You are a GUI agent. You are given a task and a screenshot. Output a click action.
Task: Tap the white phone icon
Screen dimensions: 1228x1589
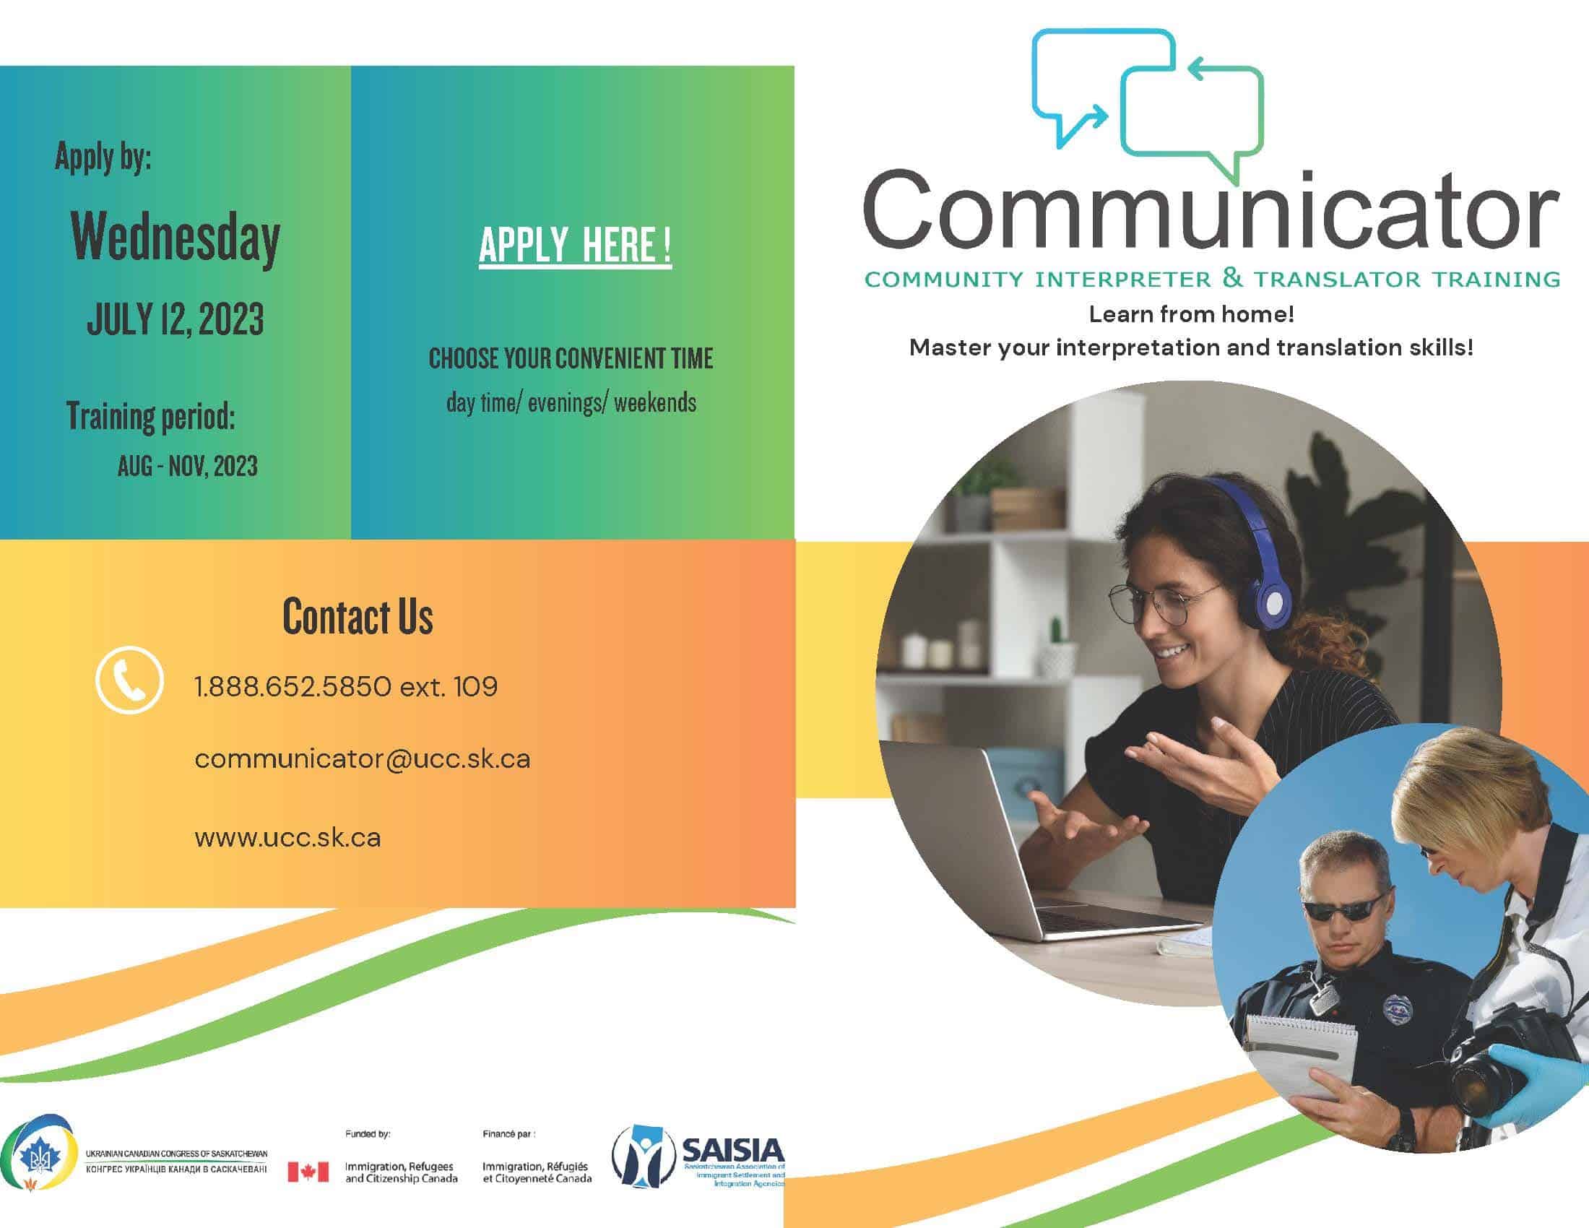129,680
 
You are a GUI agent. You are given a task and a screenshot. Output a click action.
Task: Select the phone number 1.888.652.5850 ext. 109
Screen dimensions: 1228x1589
345,686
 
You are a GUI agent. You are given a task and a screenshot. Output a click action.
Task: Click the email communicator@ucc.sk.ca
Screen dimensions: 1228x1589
363,759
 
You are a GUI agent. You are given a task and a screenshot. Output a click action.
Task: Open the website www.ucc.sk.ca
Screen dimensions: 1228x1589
287,837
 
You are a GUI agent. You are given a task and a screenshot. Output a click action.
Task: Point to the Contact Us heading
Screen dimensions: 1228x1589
358,616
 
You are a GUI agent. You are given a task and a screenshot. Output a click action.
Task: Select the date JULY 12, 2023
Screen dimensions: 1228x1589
176,319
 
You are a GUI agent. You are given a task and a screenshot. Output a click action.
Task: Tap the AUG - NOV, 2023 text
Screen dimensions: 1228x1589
188,467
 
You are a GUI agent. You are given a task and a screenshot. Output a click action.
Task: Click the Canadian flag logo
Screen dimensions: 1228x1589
308,1172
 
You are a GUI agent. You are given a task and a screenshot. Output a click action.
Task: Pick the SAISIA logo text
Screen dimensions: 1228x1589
732,1149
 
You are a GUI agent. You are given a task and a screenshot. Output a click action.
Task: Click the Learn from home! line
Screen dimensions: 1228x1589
1191,314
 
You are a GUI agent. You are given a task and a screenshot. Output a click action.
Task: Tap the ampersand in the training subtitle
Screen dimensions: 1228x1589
1231,277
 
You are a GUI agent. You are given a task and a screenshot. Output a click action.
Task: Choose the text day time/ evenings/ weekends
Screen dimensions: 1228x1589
571,403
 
